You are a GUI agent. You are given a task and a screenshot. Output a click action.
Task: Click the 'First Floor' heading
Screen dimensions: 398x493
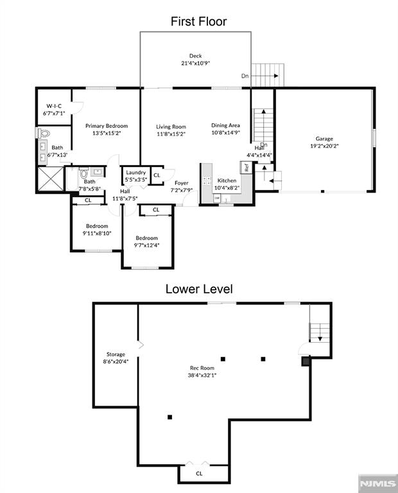(199, 21)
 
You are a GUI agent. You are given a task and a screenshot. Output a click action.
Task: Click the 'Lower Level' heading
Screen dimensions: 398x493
(199, 289)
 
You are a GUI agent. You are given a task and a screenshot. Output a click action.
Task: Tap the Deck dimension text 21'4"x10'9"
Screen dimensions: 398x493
(196, 63)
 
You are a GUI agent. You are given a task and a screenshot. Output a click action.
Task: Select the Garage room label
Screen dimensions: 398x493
(324, 139)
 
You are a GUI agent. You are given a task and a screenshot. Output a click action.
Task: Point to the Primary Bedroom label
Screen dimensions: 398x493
(107, 126)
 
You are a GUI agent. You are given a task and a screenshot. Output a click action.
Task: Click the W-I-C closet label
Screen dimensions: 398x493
(54, 106)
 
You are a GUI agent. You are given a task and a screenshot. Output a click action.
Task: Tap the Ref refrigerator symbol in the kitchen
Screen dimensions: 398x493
(247, 168)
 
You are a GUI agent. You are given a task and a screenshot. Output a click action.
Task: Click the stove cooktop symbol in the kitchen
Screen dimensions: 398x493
(207, 180)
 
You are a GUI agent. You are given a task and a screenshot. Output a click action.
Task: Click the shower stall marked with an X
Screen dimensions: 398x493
(50, 178)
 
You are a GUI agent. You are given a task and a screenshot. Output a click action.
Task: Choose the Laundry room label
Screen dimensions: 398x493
(136, 172)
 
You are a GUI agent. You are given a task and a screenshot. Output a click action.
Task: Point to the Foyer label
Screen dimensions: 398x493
(182, 183)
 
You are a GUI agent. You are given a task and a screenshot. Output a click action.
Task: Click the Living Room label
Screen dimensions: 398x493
(171, 126)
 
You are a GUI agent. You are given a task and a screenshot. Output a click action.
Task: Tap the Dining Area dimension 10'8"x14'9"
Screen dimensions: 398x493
(226, 132)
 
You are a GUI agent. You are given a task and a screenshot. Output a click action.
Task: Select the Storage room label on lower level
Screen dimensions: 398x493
(116, 354)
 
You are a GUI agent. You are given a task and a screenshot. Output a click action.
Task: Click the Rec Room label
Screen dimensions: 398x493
(202, 368)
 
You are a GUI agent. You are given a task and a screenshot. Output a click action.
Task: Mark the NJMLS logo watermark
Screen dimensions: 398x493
(378, 483)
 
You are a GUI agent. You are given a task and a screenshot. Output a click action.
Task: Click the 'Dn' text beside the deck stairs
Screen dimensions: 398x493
(245, 76)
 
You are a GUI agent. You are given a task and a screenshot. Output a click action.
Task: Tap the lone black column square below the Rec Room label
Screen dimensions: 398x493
(169, 417)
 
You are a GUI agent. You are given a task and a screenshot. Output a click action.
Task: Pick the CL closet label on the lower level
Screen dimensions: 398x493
(199, 474)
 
